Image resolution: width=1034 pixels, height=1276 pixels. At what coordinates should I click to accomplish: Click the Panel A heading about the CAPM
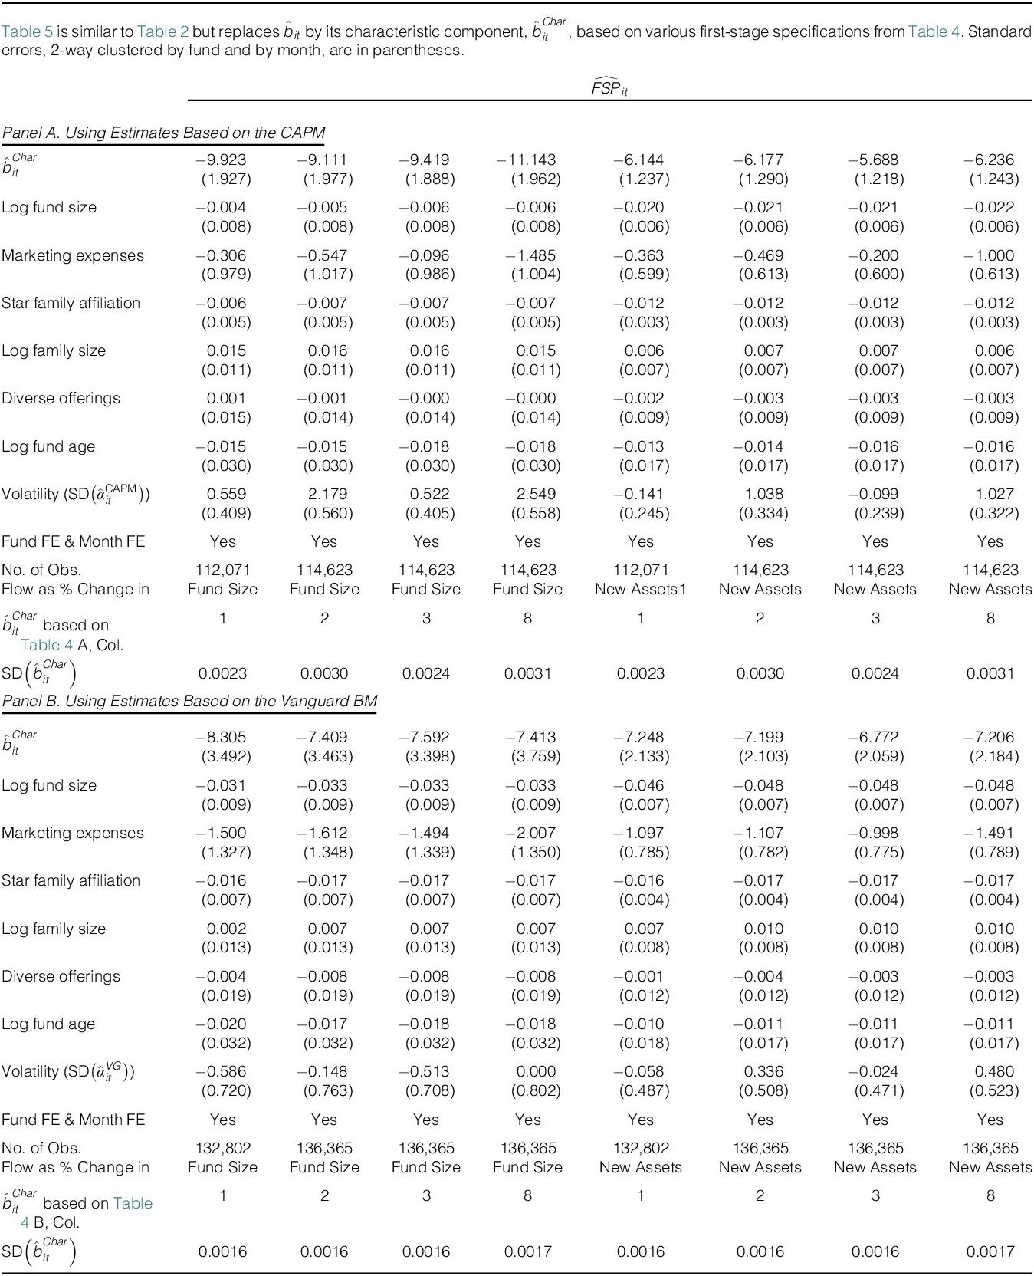[x=163, y=133]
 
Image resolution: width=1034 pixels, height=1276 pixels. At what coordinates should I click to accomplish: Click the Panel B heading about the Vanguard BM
[x=189, y=701]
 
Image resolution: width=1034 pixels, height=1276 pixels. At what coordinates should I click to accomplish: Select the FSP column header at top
[x=609, y=88]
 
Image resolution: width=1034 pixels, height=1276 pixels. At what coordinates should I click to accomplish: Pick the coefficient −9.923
[x=222, y=159]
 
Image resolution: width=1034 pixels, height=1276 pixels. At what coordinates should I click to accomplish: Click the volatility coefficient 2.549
[x=535, y=494]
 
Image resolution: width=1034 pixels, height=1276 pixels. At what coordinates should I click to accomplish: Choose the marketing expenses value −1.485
[x=530, y=255]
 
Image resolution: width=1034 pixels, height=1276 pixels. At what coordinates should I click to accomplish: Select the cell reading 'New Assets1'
[x=640, y=589]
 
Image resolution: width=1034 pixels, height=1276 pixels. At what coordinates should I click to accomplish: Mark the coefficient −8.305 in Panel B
[x=222, y=737]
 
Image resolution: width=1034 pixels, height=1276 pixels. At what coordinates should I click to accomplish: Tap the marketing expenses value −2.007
[x=530, y=833]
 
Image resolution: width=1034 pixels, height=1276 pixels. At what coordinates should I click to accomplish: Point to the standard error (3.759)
[x=535, y=756]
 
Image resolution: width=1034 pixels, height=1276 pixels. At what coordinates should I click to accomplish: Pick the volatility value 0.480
[x=995, y=1071]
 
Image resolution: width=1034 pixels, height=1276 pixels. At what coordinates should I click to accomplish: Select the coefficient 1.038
[x=763, y=494]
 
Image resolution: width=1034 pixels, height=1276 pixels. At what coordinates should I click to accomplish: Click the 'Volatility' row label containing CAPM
[x=75, y=495]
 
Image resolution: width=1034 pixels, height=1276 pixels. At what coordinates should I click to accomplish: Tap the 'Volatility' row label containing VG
[x=67, y=1072]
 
